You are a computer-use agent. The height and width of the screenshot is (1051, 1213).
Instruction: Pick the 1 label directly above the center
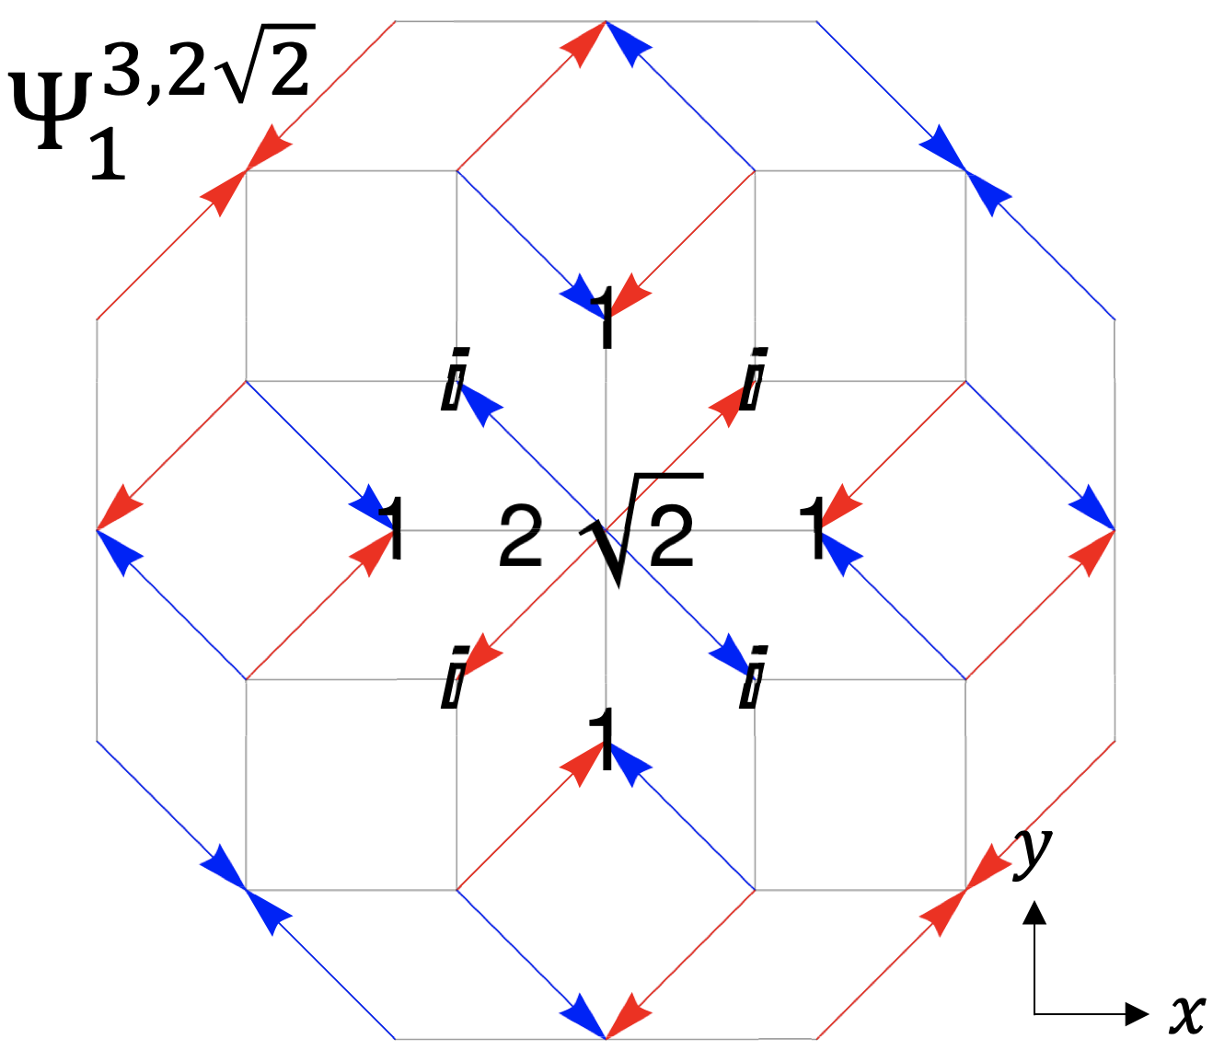point(605,318)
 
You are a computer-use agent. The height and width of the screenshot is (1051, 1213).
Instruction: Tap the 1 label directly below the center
point(603,740)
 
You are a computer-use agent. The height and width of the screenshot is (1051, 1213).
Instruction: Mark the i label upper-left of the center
point(454,378)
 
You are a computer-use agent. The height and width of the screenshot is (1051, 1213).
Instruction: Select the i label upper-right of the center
point(754,378)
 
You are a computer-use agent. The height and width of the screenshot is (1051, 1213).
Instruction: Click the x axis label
point(1187,1014)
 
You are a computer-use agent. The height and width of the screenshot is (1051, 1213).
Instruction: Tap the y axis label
point(1033,852)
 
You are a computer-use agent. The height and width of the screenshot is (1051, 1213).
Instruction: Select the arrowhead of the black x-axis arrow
point(1138,1014)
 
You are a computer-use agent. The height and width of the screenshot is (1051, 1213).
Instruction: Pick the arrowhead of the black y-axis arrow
point(1035,912)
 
